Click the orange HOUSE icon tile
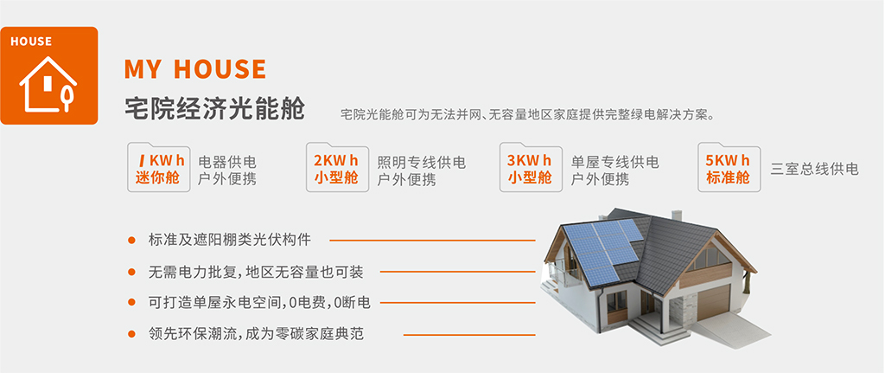49,75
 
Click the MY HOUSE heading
195,69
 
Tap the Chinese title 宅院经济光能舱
214,109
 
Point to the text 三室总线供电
814,170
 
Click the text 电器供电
227,163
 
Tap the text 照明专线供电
421,163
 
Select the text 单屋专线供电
614,163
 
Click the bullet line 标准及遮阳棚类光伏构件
230,240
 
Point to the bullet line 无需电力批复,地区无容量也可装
256,272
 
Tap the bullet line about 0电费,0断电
259,303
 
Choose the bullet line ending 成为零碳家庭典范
256,334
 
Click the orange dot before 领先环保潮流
131,334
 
